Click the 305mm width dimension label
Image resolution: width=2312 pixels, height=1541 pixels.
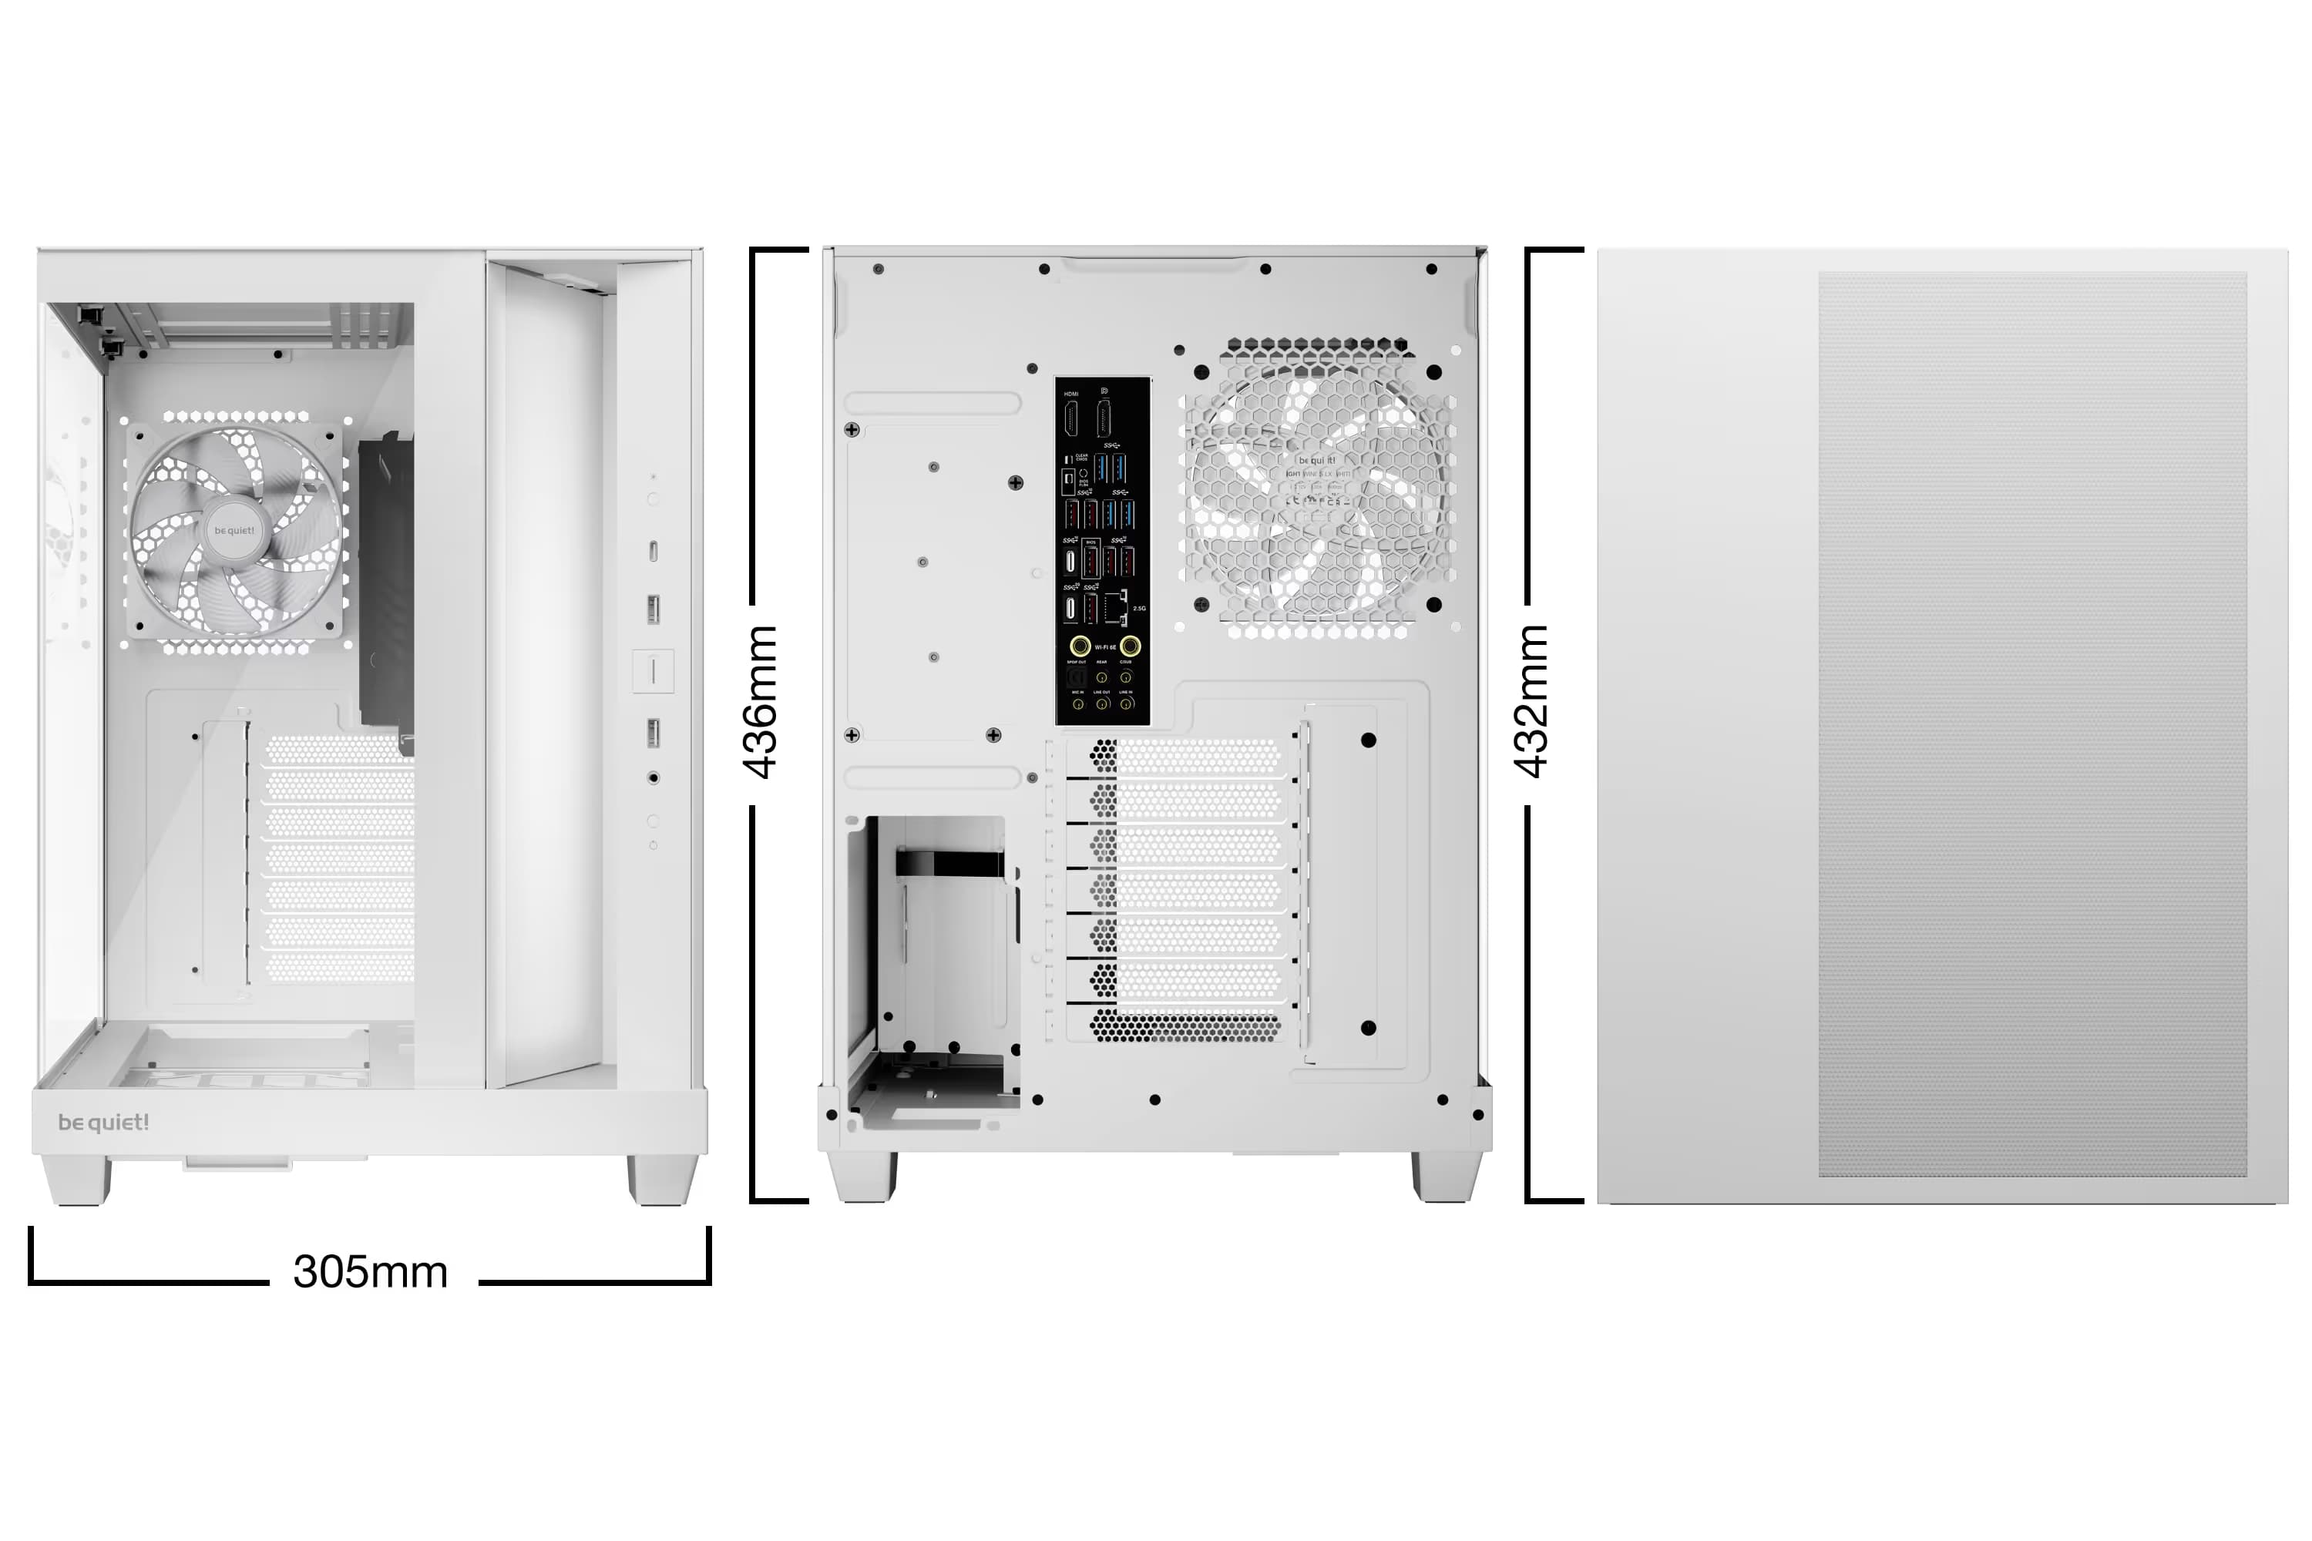371,1272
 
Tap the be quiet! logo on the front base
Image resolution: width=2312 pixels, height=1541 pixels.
103,1123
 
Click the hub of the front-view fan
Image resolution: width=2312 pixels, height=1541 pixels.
234,531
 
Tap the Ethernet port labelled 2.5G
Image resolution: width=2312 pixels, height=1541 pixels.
1116,609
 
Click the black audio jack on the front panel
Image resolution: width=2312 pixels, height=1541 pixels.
654,778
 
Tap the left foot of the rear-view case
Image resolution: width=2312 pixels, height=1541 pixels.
863,1177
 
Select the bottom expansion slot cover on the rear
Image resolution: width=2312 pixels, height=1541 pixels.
1184,1026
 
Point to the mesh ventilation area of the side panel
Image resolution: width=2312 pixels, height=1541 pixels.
2031,724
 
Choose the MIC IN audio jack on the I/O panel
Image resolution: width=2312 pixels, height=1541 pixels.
1077,703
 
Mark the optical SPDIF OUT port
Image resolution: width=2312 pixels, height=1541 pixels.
1077,677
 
